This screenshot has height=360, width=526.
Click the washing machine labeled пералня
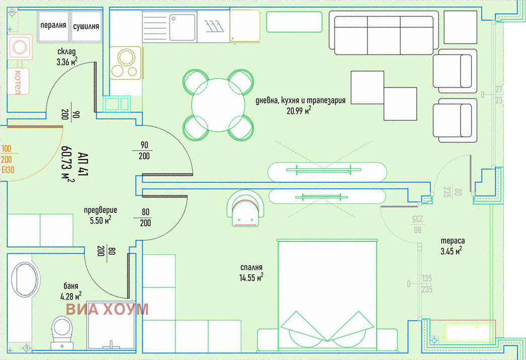click(53, 26)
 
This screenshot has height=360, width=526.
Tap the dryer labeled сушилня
click(86, 26)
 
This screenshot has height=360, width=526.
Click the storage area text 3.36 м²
click(67, 61)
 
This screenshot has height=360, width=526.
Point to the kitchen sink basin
click(182, 27)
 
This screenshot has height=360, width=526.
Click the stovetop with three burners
click(125, 63)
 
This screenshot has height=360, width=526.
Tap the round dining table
click(218, 105)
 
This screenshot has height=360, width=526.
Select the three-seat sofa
click(384, 33)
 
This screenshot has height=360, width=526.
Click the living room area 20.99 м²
click(298, 110)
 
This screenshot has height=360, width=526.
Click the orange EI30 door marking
click(8, 170)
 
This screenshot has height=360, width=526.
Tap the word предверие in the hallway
click(101, 210)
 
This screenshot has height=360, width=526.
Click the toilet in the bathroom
click(62, 332)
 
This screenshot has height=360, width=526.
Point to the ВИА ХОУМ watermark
click(107, 309)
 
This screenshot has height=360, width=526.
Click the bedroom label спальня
click(252, 267)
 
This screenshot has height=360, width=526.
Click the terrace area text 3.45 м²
click(451, 251)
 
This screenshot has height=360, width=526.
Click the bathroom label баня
click(71, 286)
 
